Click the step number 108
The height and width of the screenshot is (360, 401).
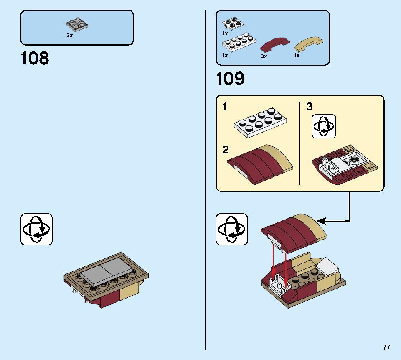35,58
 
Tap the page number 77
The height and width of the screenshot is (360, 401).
387,347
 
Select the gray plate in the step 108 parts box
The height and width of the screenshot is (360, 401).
77,25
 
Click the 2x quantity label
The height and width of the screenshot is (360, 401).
69,36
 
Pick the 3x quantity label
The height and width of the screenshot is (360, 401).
264,56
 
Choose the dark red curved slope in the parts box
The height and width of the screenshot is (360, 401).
275,45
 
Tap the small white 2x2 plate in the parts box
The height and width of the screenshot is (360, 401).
233,23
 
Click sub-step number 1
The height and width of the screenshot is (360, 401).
225,107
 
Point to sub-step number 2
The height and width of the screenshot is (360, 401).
226,150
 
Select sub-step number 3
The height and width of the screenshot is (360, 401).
310,107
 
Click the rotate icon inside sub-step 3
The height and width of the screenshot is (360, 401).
323,127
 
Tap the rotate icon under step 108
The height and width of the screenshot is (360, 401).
36,229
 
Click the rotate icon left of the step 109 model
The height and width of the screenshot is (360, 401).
232,229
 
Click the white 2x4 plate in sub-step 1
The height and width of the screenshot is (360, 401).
260,123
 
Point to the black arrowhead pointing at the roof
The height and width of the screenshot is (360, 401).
321,221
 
